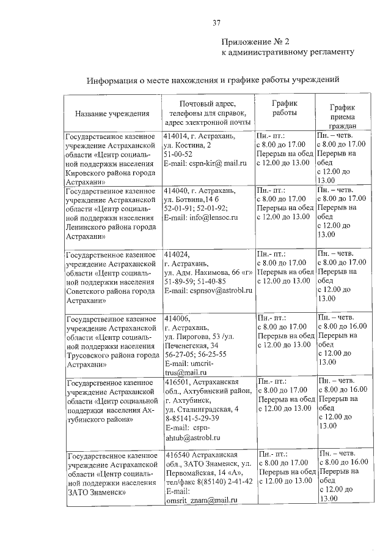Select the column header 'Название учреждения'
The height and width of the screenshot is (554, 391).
tap(112, 113)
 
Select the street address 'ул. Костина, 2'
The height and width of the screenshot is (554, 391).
tap(188, 146)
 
